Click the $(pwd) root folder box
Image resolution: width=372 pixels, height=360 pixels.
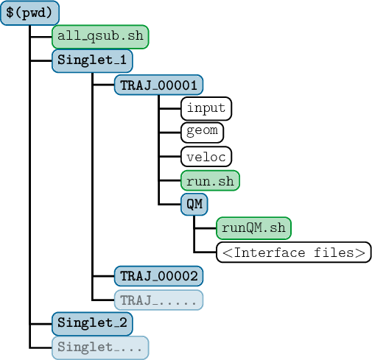click(29, 13)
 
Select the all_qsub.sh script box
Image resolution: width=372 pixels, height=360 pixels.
click(100, 37)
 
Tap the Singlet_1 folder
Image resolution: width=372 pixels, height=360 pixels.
click(92, 61)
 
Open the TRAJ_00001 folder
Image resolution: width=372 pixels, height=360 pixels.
click(158, 85)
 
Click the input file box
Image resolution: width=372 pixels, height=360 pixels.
click(206, 108)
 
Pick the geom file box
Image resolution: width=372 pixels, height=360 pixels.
click(202, 133)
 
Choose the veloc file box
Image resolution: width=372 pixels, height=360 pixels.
click(206, 156)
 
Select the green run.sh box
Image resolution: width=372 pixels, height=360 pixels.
click(210, 180)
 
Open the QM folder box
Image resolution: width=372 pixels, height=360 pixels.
click(194, 204)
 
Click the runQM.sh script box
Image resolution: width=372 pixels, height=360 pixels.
click(253, 228)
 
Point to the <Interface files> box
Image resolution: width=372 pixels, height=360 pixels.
click(294, 252)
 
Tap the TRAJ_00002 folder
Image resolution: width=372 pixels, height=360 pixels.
click(158, 276)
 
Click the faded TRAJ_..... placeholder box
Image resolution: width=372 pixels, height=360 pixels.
click(158, 300)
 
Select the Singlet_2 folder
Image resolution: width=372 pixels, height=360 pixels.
click(92, 324)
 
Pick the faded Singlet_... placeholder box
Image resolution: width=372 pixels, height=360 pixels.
click(100, 347)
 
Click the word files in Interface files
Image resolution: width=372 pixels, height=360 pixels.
click(334, 253)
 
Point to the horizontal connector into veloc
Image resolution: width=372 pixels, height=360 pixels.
click(170, 156)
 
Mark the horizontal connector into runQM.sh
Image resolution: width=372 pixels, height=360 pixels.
click(205, 228)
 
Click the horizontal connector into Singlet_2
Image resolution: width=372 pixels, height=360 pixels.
click(41, 324)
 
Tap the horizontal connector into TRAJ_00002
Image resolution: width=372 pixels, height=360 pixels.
click(103, 276)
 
